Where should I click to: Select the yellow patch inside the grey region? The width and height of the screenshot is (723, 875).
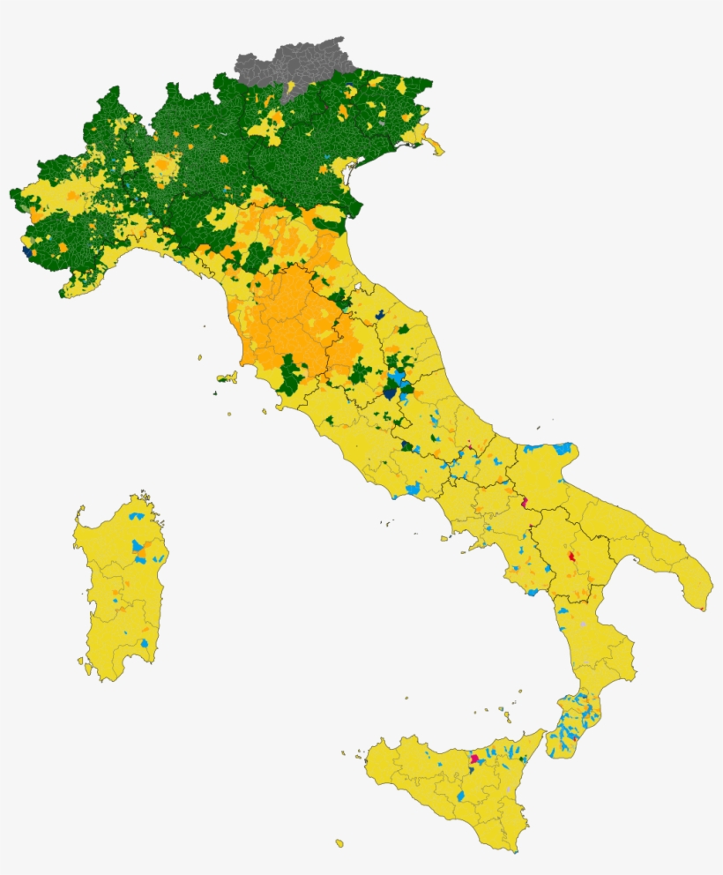(291, 86)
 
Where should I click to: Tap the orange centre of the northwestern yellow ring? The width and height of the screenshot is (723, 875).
(161, 165)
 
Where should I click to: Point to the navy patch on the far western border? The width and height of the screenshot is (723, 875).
(26, 251)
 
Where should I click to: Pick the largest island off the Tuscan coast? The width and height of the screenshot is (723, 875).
(227, 378)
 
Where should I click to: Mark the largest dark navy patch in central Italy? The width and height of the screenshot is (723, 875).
(389, 393)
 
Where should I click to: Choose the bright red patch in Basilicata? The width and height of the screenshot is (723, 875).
(572, 557)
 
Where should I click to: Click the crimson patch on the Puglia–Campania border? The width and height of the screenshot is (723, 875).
(525, 503)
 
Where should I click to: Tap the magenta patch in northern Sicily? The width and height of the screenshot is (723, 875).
(475, 759)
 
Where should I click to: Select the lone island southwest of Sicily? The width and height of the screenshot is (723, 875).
(339, 843)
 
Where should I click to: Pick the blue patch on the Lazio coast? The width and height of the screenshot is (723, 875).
(412, 488)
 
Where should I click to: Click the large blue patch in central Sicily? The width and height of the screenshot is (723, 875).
(461, 796)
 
